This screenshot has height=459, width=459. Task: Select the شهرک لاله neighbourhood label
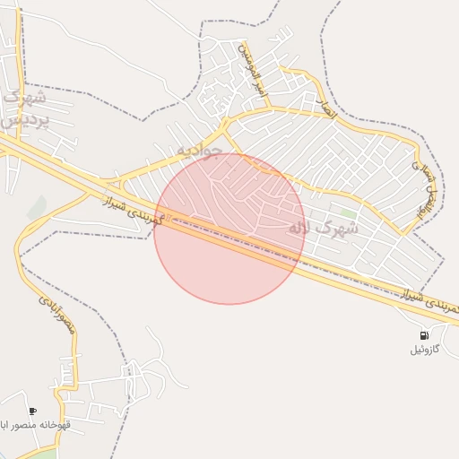[323, 229]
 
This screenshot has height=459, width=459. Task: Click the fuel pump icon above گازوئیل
[423, 335]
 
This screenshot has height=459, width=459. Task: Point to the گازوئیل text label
[424, 349]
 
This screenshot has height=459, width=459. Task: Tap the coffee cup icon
[33, 411]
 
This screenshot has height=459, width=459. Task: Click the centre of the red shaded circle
[229, 229]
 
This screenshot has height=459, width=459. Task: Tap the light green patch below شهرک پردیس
[37, 208]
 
